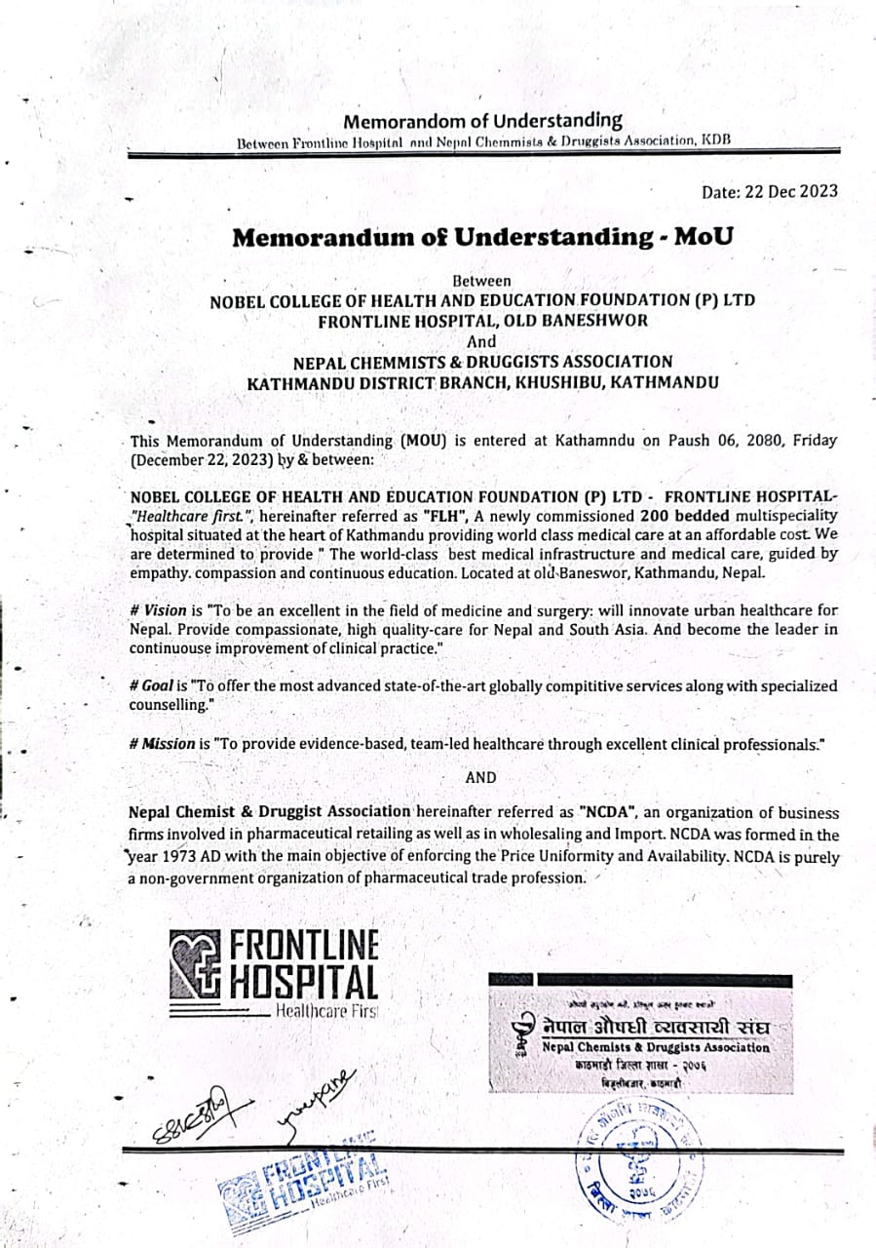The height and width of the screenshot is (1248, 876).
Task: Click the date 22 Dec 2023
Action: (x=790, y=191)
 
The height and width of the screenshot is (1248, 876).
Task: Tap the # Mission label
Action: (x=162, y=744)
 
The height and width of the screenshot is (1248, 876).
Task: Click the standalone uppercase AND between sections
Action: (x=480, y=777)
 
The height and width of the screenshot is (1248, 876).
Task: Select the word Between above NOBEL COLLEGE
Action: (x=482, y=281)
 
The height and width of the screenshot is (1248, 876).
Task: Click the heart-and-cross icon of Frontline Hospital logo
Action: (x=197, y=964)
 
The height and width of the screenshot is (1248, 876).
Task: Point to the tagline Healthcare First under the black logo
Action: (x=326, y=1011)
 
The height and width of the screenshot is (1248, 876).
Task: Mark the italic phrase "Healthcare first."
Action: (x=201, y=516)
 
